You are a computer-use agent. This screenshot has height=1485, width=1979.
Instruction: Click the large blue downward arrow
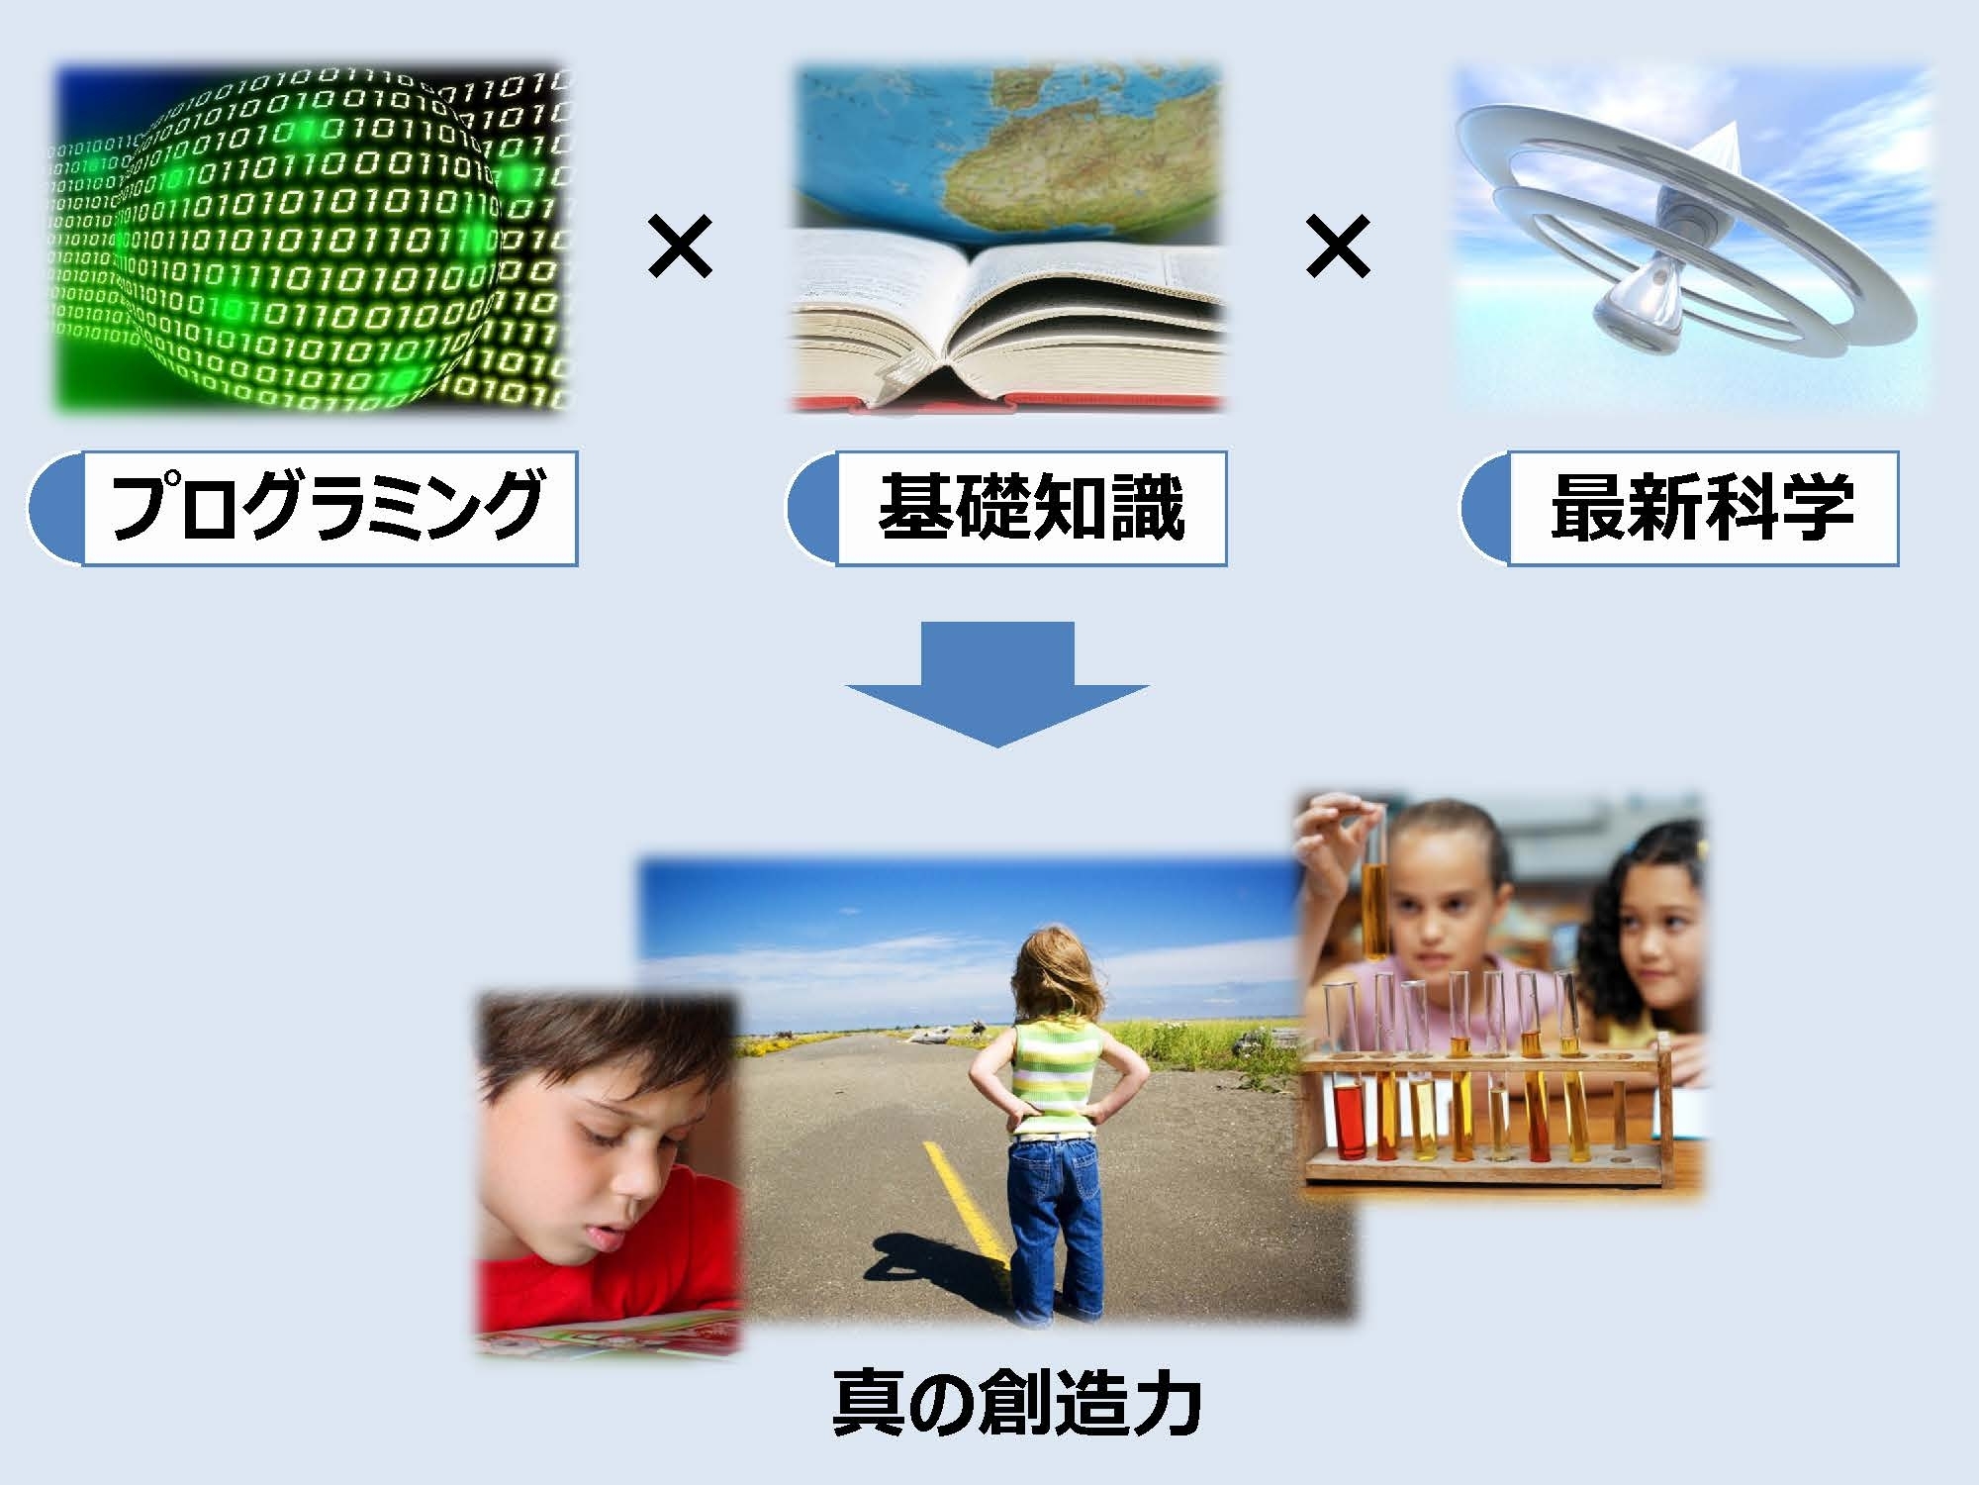997,683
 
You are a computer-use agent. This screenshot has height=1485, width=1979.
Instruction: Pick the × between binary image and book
680,248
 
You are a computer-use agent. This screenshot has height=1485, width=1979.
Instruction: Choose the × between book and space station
1338,247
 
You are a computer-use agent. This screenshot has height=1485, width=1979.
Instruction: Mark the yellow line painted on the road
965,1203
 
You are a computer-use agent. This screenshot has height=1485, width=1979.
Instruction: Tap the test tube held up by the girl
1373,911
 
